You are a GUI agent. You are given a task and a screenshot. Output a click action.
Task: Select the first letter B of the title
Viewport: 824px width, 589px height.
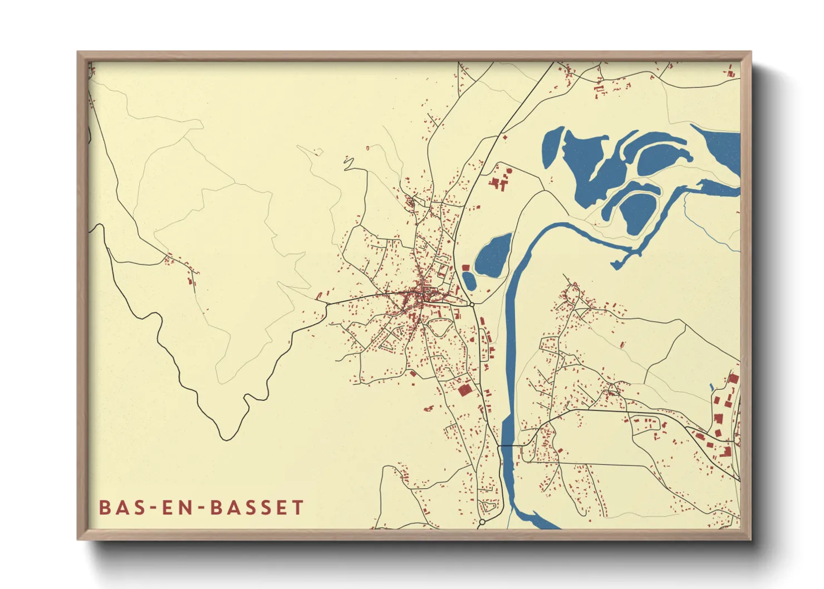click(104, 508)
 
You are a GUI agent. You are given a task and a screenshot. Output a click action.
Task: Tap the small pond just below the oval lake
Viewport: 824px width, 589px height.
click(469, 281)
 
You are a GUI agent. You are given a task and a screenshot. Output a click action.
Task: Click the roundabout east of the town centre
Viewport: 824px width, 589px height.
click(472, 305)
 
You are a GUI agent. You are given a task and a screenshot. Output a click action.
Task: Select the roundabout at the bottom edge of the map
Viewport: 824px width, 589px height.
click(482, 522)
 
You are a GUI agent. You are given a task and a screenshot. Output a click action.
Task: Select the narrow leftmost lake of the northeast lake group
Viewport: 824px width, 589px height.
click(552, 148)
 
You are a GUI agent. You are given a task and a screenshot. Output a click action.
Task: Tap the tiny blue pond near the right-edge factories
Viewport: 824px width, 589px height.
click(712, 386)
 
